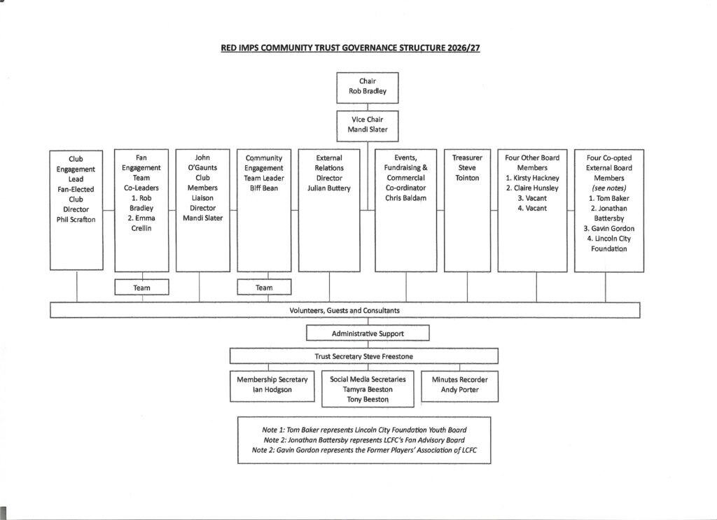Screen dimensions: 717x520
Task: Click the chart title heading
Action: (350, 48)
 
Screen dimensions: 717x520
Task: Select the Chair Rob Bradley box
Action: (367, 87)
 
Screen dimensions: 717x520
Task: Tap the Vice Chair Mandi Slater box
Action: (367, 126)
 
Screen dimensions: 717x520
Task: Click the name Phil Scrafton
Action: (76, 219)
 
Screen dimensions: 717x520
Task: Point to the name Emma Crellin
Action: (141, 223)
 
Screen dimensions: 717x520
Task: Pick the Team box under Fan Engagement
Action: (141, 288)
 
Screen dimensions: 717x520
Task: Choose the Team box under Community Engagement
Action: (264, 288)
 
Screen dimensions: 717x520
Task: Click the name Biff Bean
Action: (264, 188)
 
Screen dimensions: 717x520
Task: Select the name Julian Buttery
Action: (329, 188)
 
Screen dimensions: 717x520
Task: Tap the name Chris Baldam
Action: (405, 198)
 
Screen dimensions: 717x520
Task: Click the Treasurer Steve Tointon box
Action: (467, 211)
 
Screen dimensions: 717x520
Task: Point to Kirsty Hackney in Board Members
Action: (532, 178)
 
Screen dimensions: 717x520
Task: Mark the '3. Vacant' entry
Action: (532, 198)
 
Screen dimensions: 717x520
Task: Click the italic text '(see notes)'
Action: (609, 188)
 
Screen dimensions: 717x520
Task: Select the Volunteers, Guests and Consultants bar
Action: (344, 310)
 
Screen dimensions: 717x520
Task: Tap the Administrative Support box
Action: (368, 333)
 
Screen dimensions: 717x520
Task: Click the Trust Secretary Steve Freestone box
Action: (363, 356)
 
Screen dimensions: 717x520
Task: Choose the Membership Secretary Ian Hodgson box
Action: (272, 386)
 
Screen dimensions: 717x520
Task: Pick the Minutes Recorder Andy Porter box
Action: (459, 386)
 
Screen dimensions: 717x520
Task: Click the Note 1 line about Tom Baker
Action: (364, 430)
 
